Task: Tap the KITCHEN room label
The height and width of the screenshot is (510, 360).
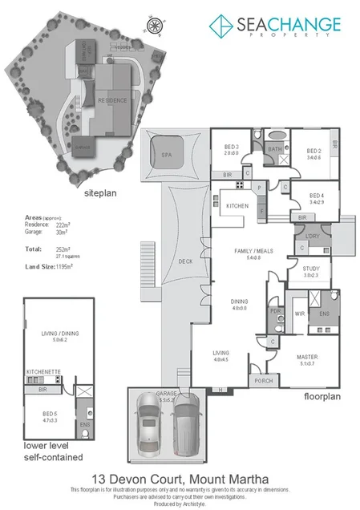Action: pos(237,206)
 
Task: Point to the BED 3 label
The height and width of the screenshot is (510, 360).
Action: pos(232,148)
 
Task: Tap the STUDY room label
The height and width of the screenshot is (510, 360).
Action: pos(309,271)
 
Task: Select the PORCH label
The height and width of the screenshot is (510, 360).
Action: pos(263,380)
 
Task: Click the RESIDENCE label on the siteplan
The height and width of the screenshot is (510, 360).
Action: pos(112,100)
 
